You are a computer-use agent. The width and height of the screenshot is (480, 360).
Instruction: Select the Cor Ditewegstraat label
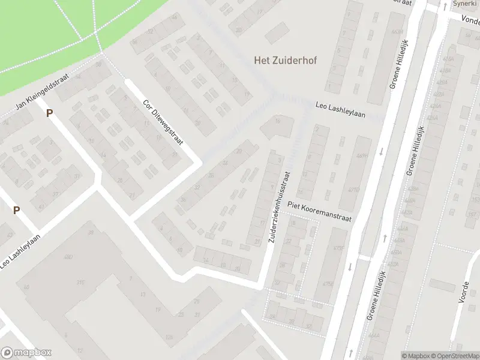pyautogui.click(x=163, y=122)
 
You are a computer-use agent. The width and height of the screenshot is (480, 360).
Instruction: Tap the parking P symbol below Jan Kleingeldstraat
pyautogui.click(x=50, y=112)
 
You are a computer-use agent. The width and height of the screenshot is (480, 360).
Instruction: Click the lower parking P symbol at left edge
pyautogui.click(x=17, y=210)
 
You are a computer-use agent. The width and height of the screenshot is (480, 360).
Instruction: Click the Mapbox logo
pyautogui.click(x=26, y=352)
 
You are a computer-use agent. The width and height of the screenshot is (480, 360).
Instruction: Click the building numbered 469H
pyautogui.click(x=361, y=156)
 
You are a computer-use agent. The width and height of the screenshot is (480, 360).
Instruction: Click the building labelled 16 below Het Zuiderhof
pyautogui.click(x=277, y=122)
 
